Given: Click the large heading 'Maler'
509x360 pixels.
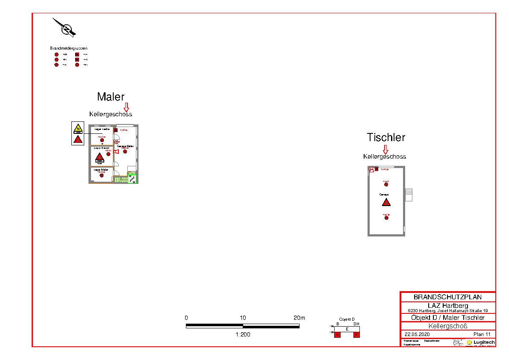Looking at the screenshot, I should point(111,97).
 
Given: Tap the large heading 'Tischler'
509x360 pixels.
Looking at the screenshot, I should point(386,137).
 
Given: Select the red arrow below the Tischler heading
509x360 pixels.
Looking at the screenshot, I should point(385,149).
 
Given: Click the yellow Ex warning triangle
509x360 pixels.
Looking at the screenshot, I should point(78,128).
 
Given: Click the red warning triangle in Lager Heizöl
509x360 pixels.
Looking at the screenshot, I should point(99,157).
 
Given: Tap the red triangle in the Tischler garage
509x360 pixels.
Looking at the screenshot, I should point(386,202).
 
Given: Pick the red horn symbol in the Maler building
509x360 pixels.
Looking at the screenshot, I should point(116,151).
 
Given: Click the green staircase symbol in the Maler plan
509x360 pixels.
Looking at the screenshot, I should point(132,179).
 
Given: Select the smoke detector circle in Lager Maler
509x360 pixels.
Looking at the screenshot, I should point(101,175).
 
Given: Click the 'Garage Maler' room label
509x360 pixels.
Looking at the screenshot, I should point(125,146).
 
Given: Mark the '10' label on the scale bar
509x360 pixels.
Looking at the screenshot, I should point(243,318).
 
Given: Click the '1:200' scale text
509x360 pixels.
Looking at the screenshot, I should point(243,334).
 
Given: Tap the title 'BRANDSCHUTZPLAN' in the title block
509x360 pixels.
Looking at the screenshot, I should point(447,297).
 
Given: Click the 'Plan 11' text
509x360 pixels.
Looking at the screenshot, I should point(482,334).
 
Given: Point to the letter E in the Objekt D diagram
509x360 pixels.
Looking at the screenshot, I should point(347,329).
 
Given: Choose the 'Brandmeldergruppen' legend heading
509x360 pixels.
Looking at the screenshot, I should point(68,48).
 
